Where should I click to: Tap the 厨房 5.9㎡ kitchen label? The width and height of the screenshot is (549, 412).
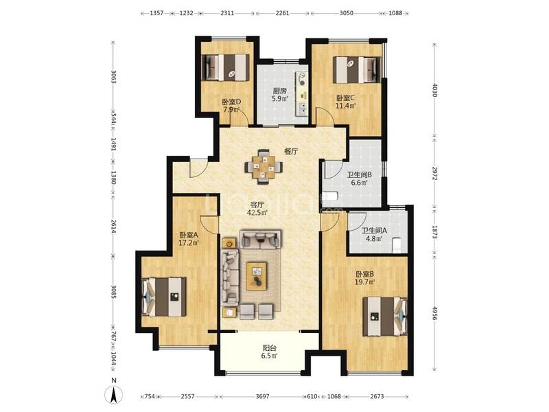coord(280,94)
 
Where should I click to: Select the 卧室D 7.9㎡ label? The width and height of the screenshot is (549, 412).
coord(231,106)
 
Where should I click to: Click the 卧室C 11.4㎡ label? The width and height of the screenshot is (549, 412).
coord(346,102)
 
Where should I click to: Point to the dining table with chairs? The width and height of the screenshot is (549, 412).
coord(264,167)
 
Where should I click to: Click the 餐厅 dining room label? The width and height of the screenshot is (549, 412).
coord(290,151)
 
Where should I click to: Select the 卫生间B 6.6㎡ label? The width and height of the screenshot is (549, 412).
coord(359,179)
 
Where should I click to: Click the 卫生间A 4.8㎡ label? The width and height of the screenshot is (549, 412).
coord(374,234)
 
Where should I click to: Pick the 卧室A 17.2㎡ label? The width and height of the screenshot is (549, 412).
coord(189,238)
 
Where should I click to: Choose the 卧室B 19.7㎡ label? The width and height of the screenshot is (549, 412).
coord(366,277)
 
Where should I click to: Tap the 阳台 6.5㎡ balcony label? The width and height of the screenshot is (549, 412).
coord(270,352)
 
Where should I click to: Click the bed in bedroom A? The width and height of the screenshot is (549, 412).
coord(164,297)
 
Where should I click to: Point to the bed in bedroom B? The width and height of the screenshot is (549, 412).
coord(385,317)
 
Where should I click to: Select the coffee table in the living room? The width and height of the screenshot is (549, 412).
coord(257,276)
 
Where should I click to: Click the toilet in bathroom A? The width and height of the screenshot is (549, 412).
coord(397,245)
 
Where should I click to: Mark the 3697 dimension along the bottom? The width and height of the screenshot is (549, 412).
coord(263,396)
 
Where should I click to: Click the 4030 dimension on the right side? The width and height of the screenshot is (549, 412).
coord(434,90)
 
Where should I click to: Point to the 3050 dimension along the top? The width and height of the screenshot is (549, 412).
coord(347,13)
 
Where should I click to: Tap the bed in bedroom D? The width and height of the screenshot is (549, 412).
coord(227,67)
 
